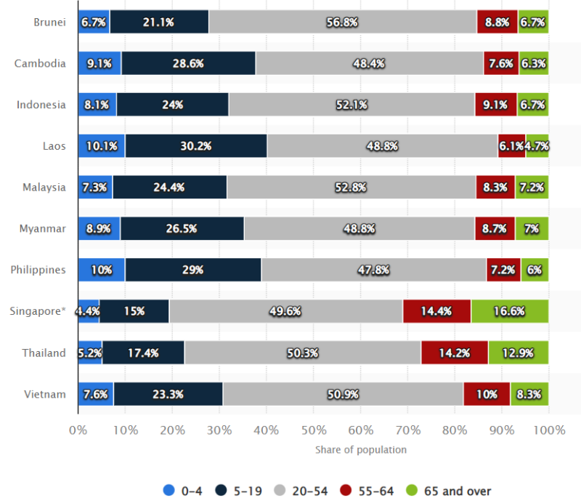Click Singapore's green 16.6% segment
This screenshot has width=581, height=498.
tap(509, 311)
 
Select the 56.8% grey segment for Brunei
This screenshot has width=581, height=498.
tap(342, 22)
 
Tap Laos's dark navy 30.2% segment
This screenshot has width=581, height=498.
tap(196, 146)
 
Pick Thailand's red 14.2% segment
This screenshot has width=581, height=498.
tap(455, 353)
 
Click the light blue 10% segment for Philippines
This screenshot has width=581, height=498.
tap(101, 270)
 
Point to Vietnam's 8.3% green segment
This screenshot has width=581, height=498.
tap(529, 394)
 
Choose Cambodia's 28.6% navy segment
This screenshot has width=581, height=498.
tap(188, 63)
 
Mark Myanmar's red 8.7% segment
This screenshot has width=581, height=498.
tap(495, 228)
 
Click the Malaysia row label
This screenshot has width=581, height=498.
tap(44, 188)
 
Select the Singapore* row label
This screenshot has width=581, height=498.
tap(38, 311)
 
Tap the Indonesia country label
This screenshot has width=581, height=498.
tap(41, 105)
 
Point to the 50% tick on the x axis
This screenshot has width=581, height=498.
tap(313, 430)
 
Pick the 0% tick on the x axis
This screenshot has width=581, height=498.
tap(78, 430)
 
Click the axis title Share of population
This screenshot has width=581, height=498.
tap(360, 450)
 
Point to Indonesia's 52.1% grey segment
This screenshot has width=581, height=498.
tap(352, 105)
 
